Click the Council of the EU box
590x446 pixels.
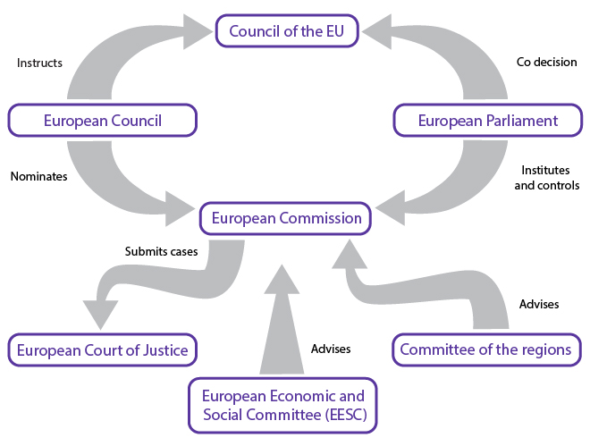(x=287, y=31)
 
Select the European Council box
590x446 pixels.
(x=102, y=121)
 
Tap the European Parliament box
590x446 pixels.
(x=488, y=121)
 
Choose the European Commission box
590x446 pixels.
(x=285, y=218)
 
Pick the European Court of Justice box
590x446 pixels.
(x=102, y=349)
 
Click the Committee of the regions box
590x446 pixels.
(x=487, y=349)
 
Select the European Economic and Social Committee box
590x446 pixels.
(x=282, y=406)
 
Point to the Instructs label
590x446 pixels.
(x=39, y=63)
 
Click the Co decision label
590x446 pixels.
(x=546, y=62)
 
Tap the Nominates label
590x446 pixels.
(x=38, y=176)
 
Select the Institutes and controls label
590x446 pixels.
(x=547, y=178)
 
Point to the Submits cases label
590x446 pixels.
(x=161, y=251)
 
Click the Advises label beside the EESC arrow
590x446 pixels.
(x=331, y=349)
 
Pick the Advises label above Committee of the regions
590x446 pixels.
(x=539, y=304)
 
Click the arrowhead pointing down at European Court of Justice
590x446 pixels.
(x=100, y=315)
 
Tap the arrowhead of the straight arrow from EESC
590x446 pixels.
(x=282, y=279)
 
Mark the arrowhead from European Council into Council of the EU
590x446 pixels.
(x=198, y=32)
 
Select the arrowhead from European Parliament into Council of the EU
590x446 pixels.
(x=376, y=32)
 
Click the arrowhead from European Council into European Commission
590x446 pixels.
(x=180, y=209)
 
